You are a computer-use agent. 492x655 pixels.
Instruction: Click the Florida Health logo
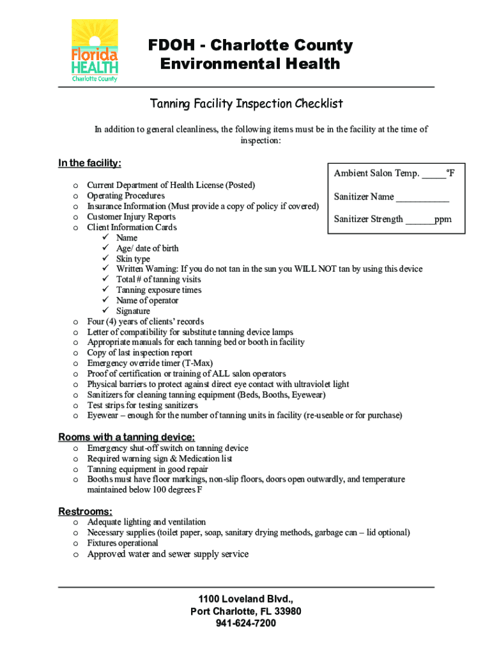95,51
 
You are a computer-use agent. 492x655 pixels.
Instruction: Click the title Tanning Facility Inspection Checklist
246,104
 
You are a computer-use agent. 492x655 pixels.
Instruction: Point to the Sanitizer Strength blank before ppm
420,219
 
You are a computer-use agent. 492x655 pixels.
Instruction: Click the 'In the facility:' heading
89,163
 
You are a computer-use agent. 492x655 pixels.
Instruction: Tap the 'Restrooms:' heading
86,511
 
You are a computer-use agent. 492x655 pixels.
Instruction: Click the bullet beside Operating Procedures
75,196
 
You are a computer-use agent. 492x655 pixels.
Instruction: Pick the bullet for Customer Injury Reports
75,217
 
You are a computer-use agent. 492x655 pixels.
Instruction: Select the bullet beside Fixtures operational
75,544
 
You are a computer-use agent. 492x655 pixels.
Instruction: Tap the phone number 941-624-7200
246,623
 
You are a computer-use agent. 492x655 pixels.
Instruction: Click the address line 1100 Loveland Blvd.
246,599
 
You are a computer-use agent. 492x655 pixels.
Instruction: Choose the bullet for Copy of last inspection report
75,353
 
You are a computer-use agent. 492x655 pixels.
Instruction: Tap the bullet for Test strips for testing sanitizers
75,406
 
